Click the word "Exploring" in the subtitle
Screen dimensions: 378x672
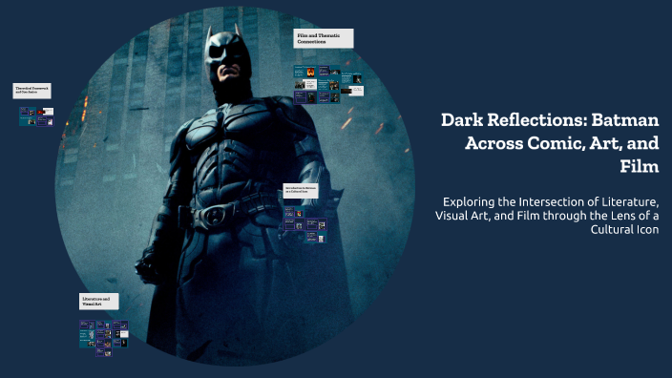[x=474, y=201]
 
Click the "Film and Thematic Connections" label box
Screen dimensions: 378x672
[x=324, y=38]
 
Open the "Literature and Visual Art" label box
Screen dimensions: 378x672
[x=99, y=302]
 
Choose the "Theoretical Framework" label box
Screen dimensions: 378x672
[x=32, y=91]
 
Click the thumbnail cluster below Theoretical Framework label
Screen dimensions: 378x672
[x=35, y=116]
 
